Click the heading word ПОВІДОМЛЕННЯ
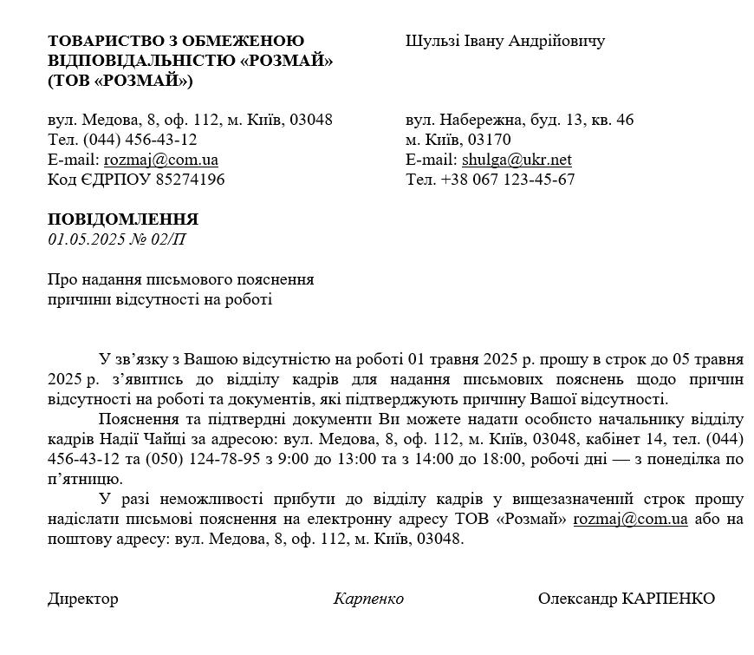pyautogui.click(x=123, y=219)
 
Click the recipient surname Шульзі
pyautogui.click(x=432, y=42)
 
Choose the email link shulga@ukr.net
pyautogui.click(x=517, y=160)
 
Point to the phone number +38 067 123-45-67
pyautogui.click(x=508, y=180)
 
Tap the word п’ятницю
pyautogui.click(x=86, y=479)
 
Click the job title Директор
pyautogui.click(x=83, y=599)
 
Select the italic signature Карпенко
pyautogui.click(x=368, y=599)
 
